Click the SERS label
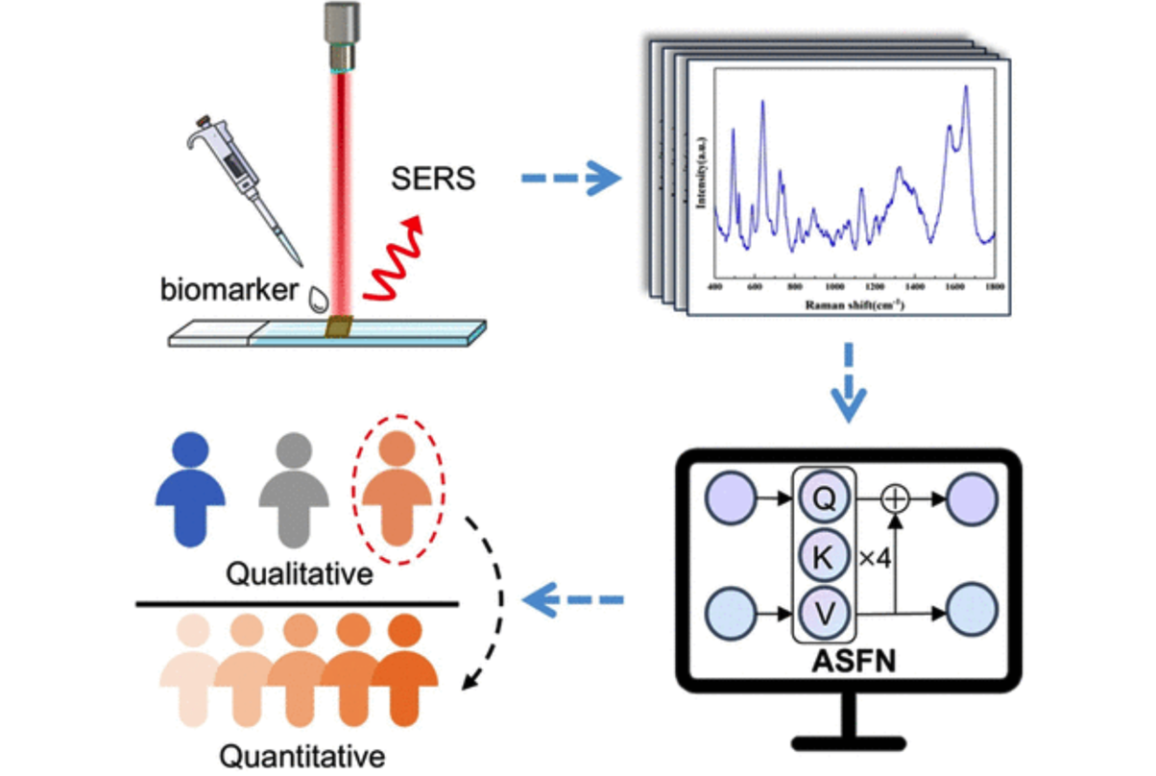(x=433, y=179)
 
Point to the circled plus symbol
(x=895, y=498)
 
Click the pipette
(x=246, y=186)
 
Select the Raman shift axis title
(x=853, y=304)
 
